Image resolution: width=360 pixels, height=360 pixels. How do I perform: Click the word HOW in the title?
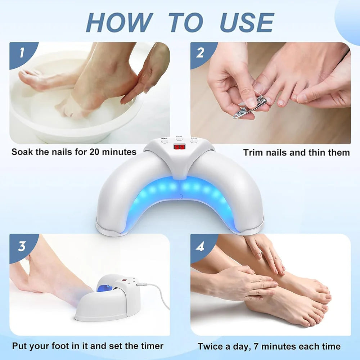[119, 22]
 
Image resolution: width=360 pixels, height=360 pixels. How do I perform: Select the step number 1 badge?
[22, 53]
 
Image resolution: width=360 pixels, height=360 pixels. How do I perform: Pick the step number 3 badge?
[22, 246]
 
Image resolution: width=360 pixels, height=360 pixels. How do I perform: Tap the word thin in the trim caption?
[316, 153]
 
